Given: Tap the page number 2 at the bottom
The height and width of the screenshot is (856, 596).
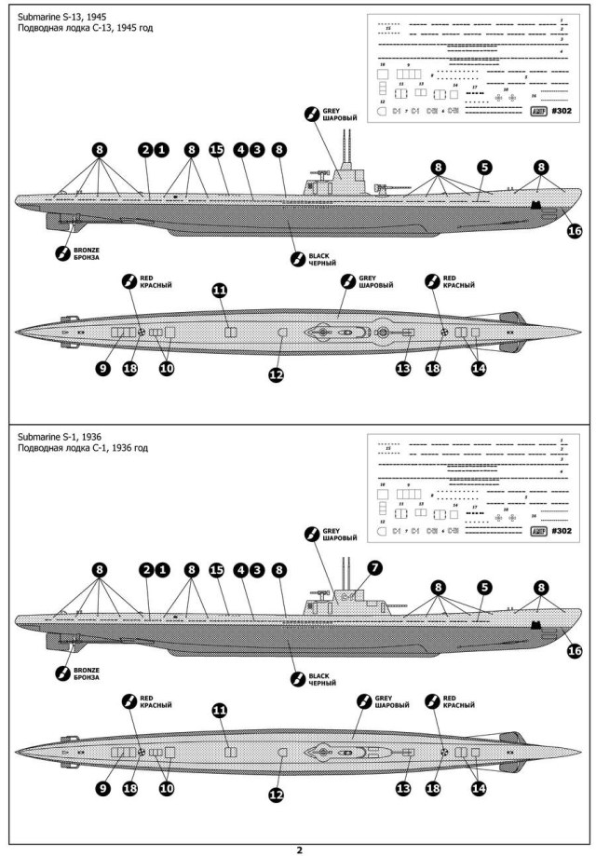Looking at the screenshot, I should (x=299, y=849).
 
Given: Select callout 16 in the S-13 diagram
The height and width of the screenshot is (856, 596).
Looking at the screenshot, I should (x=574, y=231).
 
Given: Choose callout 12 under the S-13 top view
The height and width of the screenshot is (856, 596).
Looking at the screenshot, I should (x=276, y=374).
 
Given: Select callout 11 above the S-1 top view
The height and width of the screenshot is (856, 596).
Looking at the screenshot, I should (x=220, y=710).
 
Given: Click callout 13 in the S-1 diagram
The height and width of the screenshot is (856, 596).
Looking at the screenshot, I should (x=403, y=788).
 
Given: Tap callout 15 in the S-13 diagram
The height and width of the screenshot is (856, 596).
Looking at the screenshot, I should (x=217, y=149).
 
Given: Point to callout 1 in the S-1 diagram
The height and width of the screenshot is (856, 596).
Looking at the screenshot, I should (x=162, y=570).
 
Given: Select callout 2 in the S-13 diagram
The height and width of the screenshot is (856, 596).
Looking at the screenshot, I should (x=145, y=149).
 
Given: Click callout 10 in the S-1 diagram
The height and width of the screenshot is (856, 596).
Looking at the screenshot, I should (x=167, y=788).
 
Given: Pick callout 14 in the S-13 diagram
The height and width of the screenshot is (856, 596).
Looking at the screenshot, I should (x=479, y=369).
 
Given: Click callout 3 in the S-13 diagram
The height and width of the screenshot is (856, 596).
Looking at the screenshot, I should (x=256, y=149).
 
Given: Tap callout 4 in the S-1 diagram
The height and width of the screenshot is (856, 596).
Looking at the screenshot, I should (x=240, y=570).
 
